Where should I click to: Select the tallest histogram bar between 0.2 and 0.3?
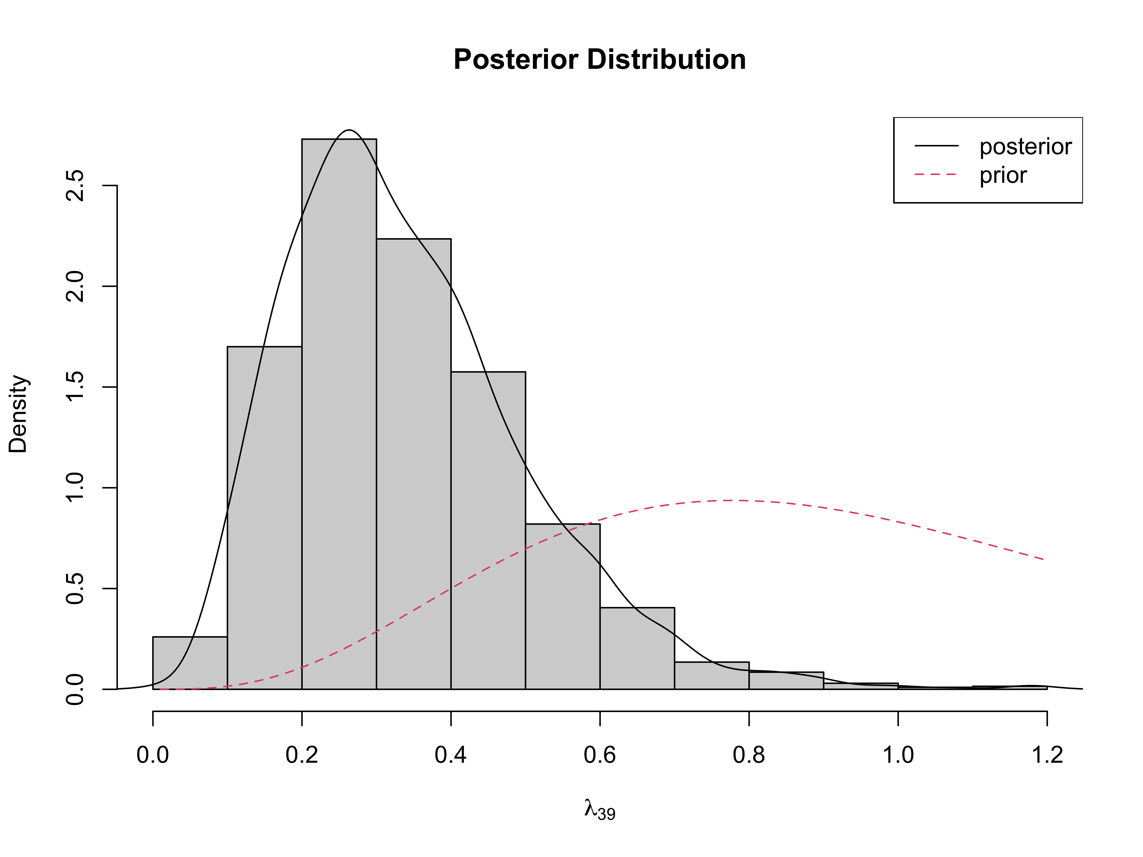[x=339, y=413]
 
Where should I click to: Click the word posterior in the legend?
[x=1025, y=147]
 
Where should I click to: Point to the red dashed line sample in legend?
[x=936, y=174]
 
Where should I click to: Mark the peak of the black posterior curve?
[x=349, y=130]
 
